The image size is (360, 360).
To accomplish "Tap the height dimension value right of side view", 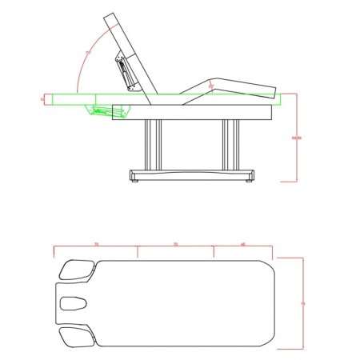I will coord(297,138).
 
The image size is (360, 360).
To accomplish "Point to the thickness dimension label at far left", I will coord(42,99).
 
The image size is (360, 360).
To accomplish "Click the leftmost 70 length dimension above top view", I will coord(96,243).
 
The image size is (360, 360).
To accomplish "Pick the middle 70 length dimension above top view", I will coord(174,243).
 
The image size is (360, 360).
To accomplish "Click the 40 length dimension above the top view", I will coord(242,243).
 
